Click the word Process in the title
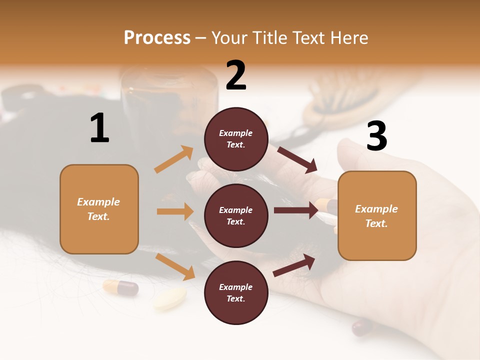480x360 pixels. [x=157, y=37]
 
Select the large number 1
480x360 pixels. [x=99, y=128]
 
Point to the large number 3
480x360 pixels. [x=376, y=136]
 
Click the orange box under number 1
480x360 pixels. [x=99, y=209]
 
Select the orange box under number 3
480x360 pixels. [x=377, y=215]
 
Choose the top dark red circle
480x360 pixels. [x=236, y=139]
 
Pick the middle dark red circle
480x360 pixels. [x=236, y=215]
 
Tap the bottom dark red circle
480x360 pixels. [x=236, y=292]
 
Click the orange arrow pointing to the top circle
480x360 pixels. [x=174, y=159]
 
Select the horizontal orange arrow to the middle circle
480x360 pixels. [x=175, y=211]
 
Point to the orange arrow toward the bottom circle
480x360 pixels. [x=175, y=266]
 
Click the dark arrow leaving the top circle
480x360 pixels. [x=297, y=159]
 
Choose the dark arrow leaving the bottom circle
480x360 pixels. [x=294, y=265]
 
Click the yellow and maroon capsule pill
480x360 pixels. [x=120, y=287]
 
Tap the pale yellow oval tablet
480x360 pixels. [x=170, y=298]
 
